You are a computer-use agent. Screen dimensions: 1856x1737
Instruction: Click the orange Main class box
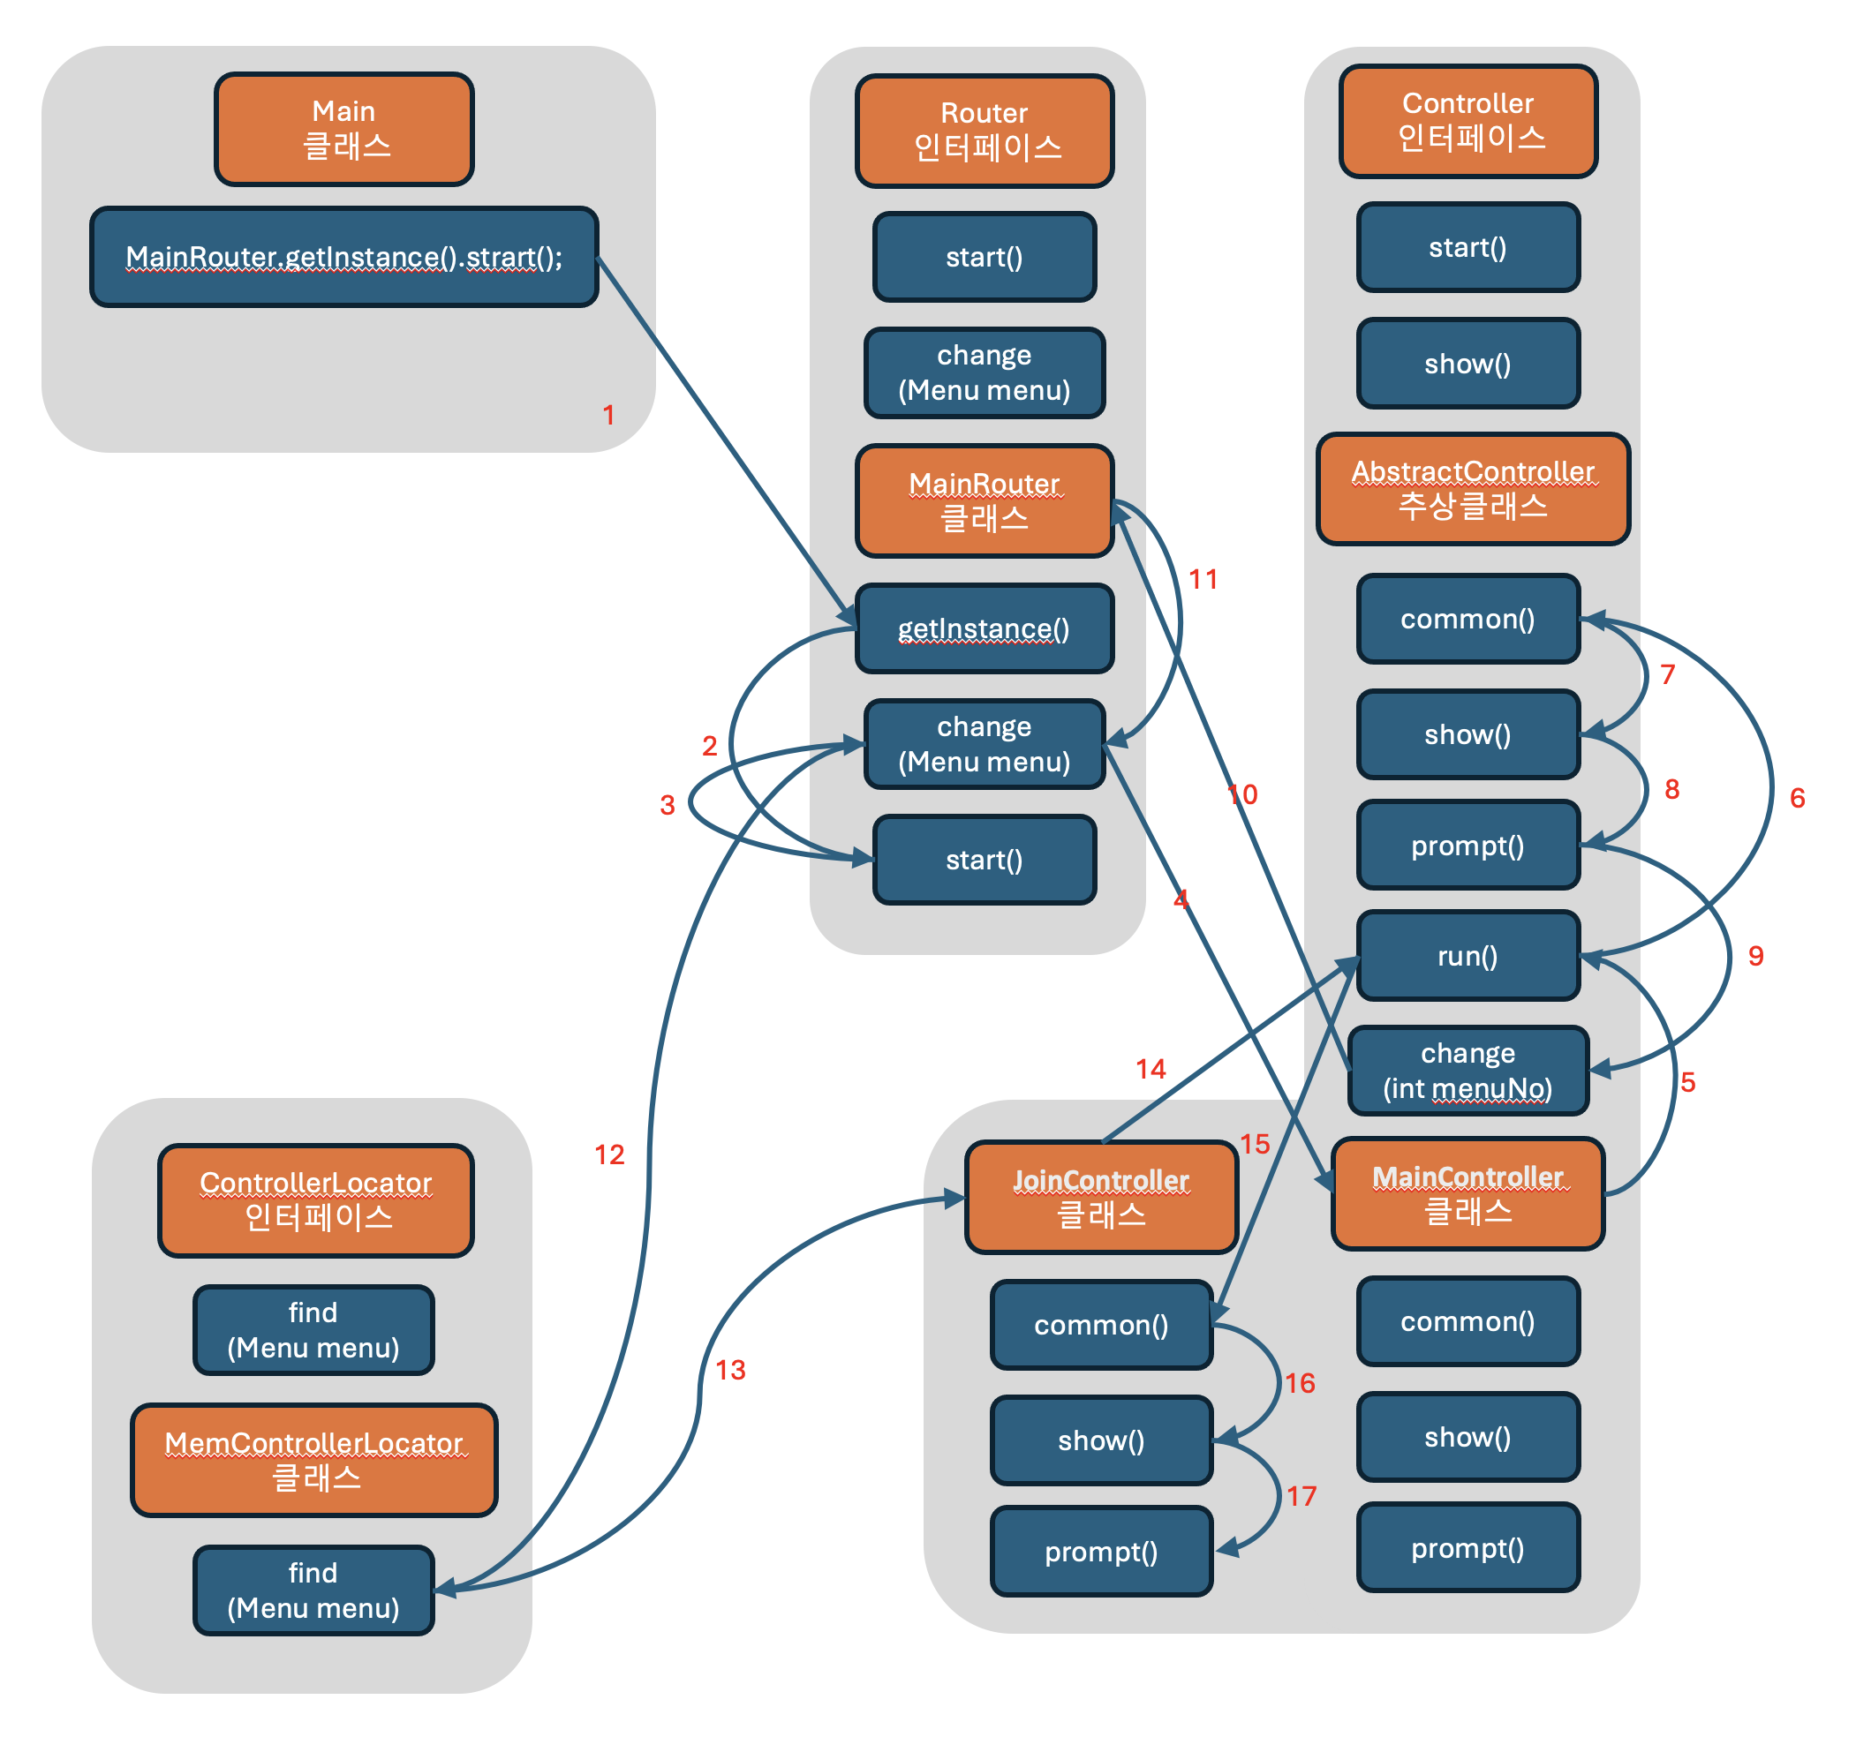click(343, 129)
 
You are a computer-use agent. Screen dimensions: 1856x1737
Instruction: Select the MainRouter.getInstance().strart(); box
click(343, 257)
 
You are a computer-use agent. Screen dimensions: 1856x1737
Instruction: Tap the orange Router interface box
click(984, 131)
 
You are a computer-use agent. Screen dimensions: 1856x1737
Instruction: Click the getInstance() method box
click(984, 628)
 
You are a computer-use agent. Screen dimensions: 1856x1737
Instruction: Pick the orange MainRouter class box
click(984, 500)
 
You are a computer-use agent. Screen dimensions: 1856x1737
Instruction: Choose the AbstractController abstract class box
click(1472, 488)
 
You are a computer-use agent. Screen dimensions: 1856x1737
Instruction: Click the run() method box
click(1467, 955)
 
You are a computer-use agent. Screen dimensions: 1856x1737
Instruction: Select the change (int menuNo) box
click(1467, 1070)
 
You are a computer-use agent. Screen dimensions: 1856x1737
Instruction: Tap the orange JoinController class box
click(1101, 1197)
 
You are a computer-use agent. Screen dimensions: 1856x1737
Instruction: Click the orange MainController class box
click(1467, 1192)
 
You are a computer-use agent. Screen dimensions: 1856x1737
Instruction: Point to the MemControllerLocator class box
click(313, 1460)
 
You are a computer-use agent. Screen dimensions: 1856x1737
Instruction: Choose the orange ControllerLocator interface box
click(315, 1199)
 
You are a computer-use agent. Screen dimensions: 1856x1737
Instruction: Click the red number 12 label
click(609, 1154)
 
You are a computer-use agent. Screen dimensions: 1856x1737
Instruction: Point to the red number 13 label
click(730, 1369)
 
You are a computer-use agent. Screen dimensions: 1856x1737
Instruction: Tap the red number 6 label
click(1797, 797)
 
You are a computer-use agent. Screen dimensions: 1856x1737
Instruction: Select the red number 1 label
click(608, 415)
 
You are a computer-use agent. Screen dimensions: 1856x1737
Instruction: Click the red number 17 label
click(1301, 1496)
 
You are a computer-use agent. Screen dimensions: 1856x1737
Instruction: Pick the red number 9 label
click(1756, 955)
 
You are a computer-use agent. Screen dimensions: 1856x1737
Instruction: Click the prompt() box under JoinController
click(1102, 1552)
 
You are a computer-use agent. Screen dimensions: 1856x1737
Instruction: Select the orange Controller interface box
click(1467, 120)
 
